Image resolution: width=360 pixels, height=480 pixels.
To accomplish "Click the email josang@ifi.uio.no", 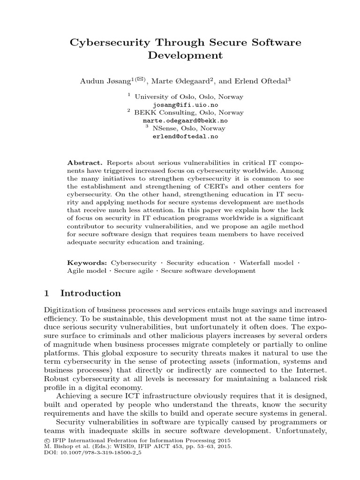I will (185, 105).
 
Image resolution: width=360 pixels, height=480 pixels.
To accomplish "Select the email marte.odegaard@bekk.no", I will (185, 120).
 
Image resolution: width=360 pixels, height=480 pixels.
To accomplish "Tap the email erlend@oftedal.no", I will (185, 136).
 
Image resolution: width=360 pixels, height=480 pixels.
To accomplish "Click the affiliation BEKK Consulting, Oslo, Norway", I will (189, 112).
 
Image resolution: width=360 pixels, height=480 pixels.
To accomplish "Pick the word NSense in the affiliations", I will (164, 128).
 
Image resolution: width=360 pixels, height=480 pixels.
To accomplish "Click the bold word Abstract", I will (82, 162).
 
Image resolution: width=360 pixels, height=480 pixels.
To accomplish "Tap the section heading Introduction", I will (90, 293).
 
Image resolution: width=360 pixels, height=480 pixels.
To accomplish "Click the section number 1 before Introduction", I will (46, 293).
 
